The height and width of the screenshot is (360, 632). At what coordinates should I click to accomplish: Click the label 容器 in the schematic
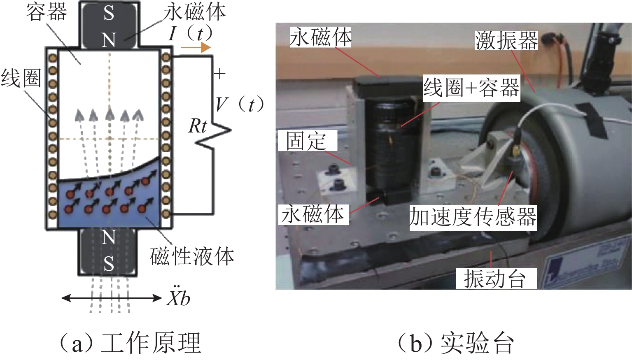tap(46, 12)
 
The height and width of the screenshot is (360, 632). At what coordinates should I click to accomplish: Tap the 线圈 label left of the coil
tap(21, 78)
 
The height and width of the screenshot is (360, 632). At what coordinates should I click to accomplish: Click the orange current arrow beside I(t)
tap(196, 48)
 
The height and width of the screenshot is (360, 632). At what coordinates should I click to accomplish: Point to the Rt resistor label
tap(197, 126)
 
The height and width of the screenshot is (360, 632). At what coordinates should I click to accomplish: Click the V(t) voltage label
tap(239, 105)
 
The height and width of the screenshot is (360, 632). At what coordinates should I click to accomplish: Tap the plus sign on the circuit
tap(220, 74)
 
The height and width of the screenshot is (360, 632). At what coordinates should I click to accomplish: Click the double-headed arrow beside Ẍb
tap(111, 298)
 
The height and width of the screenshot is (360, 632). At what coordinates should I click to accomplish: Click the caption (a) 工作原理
tap(130, 343)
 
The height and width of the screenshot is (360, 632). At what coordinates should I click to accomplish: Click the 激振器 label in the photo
tap(506, 40)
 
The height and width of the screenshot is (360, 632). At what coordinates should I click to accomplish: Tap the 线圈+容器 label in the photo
tap(471, 88)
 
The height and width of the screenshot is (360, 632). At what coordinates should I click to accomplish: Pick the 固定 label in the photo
tap(307, 141)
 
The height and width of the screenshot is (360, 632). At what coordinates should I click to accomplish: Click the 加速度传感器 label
tap(473, 217)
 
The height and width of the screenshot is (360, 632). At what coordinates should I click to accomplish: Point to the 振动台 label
tap(495, 279)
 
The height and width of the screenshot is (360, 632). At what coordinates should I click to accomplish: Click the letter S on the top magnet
tap(109, 14)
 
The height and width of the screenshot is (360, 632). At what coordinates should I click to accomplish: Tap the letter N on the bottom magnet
tap(109, 237)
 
